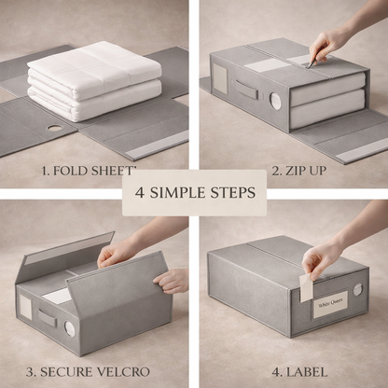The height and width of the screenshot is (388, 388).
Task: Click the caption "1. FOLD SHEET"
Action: (88, 171)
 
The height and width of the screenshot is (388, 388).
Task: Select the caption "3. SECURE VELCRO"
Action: (88, 371)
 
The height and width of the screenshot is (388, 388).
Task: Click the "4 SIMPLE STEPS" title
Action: (194, 193)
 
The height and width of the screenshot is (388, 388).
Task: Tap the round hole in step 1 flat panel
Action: (54, 127)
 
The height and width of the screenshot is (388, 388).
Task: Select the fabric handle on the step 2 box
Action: (245, 90)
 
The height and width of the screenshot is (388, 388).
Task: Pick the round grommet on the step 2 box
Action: (275, 101)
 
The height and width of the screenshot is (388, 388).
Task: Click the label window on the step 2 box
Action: (221, 80)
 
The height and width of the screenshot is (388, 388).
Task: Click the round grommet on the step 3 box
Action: (69, 328)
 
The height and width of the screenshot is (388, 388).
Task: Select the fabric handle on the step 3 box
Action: (48, 317)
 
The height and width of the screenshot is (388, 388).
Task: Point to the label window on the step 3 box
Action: (26, 308)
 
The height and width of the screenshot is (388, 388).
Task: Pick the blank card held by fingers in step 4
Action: (306, 286)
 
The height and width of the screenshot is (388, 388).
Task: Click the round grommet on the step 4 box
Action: (357, 290)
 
